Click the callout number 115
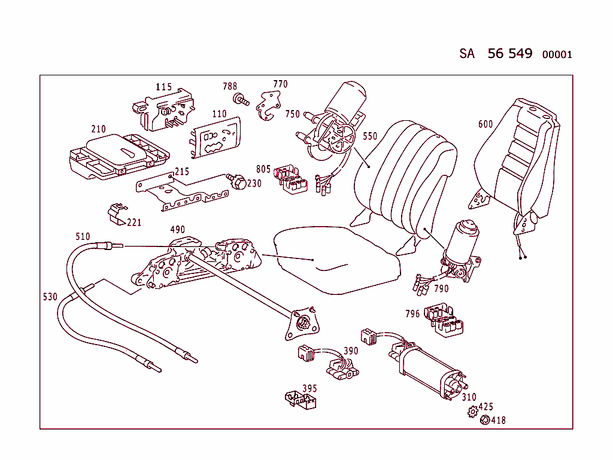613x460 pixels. (163, 87)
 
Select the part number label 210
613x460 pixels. (98, 129)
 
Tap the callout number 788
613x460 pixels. (230, 87)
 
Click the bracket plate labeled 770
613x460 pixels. (266, 106)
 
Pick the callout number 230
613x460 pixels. (254, 184)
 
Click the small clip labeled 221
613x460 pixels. (117, 212)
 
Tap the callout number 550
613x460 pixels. (370, 136)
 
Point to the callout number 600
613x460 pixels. (485, 124)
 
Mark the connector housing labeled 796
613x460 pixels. (445, 321)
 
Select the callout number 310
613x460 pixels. (469, 397)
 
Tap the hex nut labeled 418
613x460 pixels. (485, 420)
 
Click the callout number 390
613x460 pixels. (351, 351)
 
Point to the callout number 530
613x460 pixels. (50, 297)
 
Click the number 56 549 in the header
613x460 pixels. (509, 53)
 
